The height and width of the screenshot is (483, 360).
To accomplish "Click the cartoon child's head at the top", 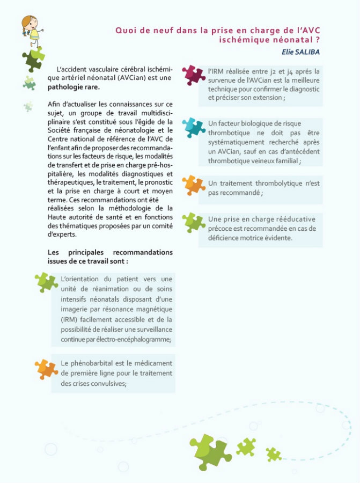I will pyautogui.click(x=29, y=25).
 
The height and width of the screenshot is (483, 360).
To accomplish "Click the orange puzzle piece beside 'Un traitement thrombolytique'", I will pyautogui.click(x=194, y=185).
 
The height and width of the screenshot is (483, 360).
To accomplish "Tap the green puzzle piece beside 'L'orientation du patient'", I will pyautogui.click(x=46, y=282).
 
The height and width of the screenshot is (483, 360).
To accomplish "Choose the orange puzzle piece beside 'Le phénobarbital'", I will pyautogui.click(x=46, y=368).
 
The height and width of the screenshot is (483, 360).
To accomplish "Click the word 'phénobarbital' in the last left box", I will pyautogui.click(x=99, y=363).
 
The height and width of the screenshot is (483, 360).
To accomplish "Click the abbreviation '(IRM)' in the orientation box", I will pyautogui.click(x=70, y=320).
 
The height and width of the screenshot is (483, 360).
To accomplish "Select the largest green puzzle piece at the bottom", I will pyautogui.click(x=210, y=451).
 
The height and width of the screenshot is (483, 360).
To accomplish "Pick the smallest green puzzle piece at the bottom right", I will pyautogui.click(x=274, y=454).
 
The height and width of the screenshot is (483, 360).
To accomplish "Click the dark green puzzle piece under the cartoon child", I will pyautogui.click(x=33, y=60).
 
